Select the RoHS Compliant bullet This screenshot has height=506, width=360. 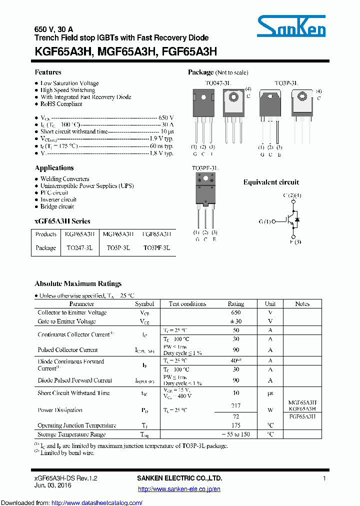pos(61,104)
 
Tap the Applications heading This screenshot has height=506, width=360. pos(54,168)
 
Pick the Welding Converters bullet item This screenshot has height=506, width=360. pos(64,179)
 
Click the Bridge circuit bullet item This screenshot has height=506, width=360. pos(57,206)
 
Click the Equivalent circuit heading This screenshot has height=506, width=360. pos(271,182)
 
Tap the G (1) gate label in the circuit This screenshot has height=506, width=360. pos(264,221)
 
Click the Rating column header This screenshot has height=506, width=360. pos(236,303)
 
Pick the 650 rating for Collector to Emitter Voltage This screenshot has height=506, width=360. pos(236,312)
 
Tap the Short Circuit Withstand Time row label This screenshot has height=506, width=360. pos(73,393)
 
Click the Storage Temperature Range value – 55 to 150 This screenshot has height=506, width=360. pos(236,434)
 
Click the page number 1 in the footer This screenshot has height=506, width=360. pos(324,478)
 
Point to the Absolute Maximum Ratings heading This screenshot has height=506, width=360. pos(78,283)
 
